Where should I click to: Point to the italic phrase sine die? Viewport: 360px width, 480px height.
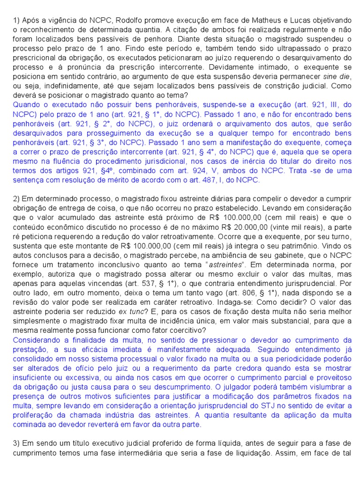click(336, 76)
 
